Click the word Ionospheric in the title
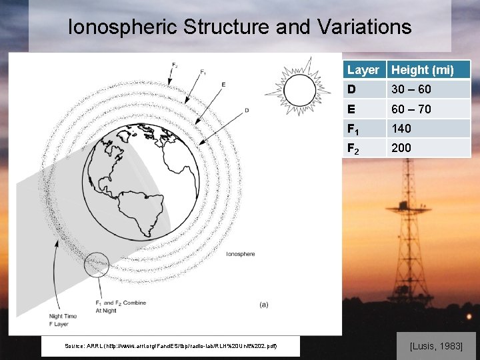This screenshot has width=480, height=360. (123, 27)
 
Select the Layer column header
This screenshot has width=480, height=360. (363, 70)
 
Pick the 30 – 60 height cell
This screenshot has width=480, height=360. (411, 89)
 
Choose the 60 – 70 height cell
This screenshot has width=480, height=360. (411, 109)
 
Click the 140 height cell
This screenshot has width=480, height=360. (401, 128)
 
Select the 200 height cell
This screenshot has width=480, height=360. (401, 147)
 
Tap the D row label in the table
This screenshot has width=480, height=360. (351, 89)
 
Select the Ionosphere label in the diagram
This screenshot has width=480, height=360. (240, 254)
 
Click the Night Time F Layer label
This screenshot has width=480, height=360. (63, 320)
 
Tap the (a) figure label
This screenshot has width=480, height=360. (265, 305)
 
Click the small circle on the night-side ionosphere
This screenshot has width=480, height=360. (97, 265)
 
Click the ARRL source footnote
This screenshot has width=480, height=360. (171, 346)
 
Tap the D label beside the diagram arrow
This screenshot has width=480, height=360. (247, 110)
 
